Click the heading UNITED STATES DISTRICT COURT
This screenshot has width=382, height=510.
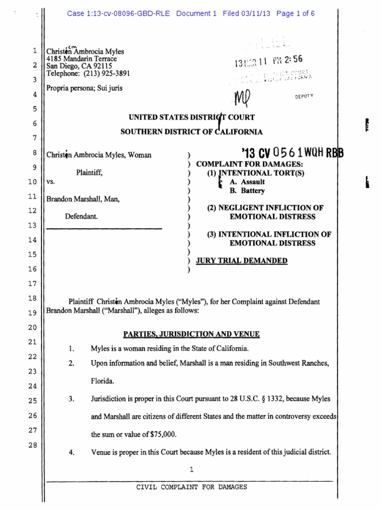(191, 118)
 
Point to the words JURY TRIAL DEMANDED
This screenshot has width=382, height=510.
(242, 260)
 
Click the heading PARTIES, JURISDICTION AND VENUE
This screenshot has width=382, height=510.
(191, 334)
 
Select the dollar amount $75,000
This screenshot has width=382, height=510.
(162, 434)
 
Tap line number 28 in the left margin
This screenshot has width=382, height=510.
(34, 445)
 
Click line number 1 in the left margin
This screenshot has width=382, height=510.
(34, 50)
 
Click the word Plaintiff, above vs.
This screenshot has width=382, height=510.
(90, 172)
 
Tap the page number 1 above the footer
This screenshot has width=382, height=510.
(191, 469)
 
